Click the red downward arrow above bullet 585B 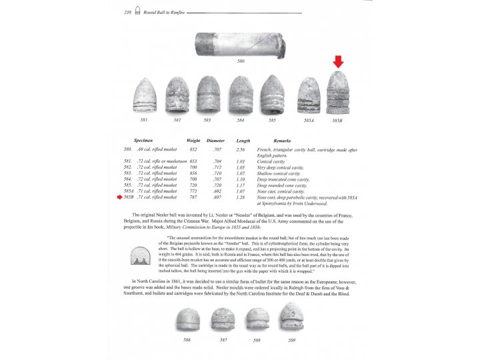click(x=339, y=62)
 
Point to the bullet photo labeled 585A click(x=309, y=96)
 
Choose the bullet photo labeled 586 click(x=187, y=319)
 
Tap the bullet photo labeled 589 click(x=291, y=317)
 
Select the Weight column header click(x=193, y=141)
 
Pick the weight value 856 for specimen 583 click(x=193, y=173)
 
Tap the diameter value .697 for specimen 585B click(x=216, y=197)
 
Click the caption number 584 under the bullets click(x=241, y=120)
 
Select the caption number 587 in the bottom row click(x=222, y=340)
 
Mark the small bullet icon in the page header click(x=138, y=12)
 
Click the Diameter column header click(x=216, y=141)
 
